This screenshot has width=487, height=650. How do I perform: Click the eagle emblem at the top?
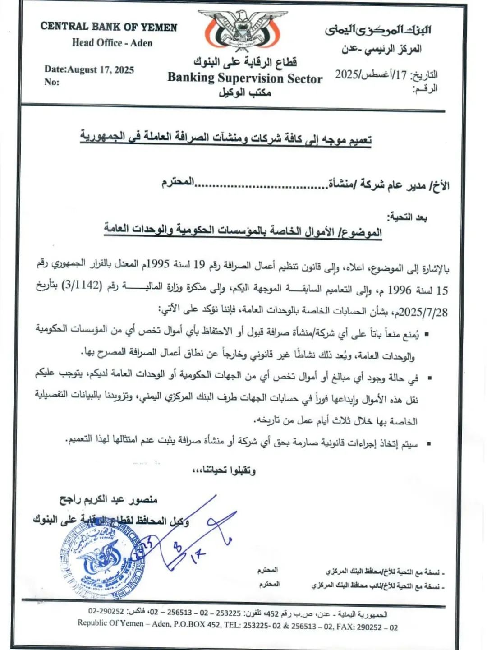[243, 29]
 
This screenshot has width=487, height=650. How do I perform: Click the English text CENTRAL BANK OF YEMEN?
[109, 27]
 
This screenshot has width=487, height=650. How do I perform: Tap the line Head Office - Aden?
[112, 43]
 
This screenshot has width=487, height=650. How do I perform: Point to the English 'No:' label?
[51, 82]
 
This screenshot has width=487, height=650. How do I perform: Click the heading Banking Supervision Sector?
[245, 78]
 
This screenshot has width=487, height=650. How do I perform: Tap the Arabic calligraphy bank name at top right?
[378, 30]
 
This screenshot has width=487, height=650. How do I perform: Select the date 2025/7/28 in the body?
[423, 311]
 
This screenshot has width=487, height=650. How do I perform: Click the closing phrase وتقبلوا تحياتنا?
[224, 470]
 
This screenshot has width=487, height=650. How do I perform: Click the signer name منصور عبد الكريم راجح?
[108, 499]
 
